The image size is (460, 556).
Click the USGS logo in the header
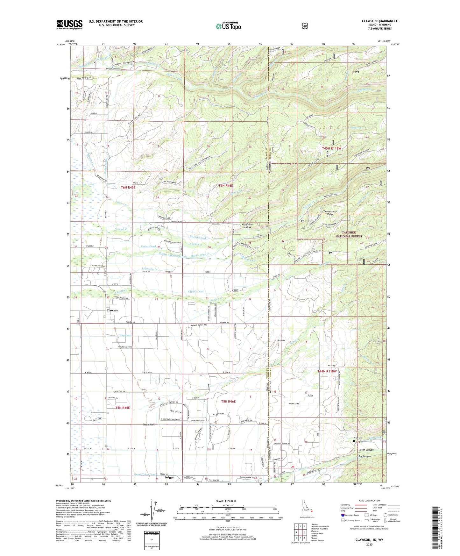click(69, 25)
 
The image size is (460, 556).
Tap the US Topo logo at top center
click(228, 26)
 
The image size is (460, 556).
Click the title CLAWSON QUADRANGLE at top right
click(379, 21)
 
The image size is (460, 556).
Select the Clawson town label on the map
click(112, 310)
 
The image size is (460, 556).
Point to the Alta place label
click(310, 396)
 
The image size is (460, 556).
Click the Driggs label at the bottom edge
click(169, 478)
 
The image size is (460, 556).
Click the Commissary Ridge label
click(330, 213)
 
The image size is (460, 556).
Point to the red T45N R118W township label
click(331, 148)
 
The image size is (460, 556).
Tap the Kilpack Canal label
click(196, 291)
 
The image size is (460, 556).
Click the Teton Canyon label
click(366, 450)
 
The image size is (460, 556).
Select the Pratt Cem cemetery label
click(358, 438)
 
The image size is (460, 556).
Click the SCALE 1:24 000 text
click(226, 501)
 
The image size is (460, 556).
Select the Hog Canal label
click(116, 336)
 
